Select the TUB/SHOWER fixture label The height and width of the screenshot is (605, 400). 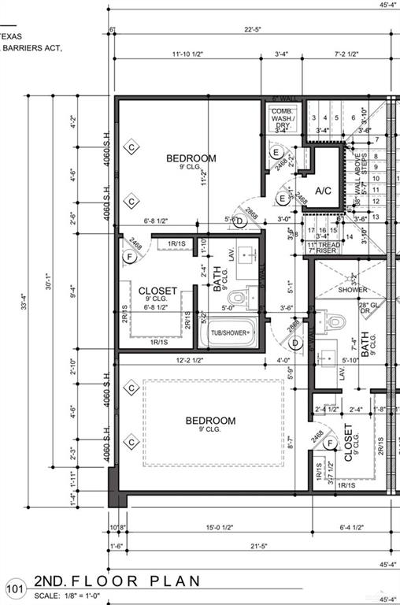[x=231, y=333]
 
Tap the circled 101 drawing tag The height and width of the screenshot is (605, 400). [x=14, y=587]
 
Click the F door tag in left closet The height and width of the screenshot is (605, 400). [x=129, y=256]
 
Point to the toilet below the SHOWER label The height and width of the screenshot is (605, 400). [x=336, y=321]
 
